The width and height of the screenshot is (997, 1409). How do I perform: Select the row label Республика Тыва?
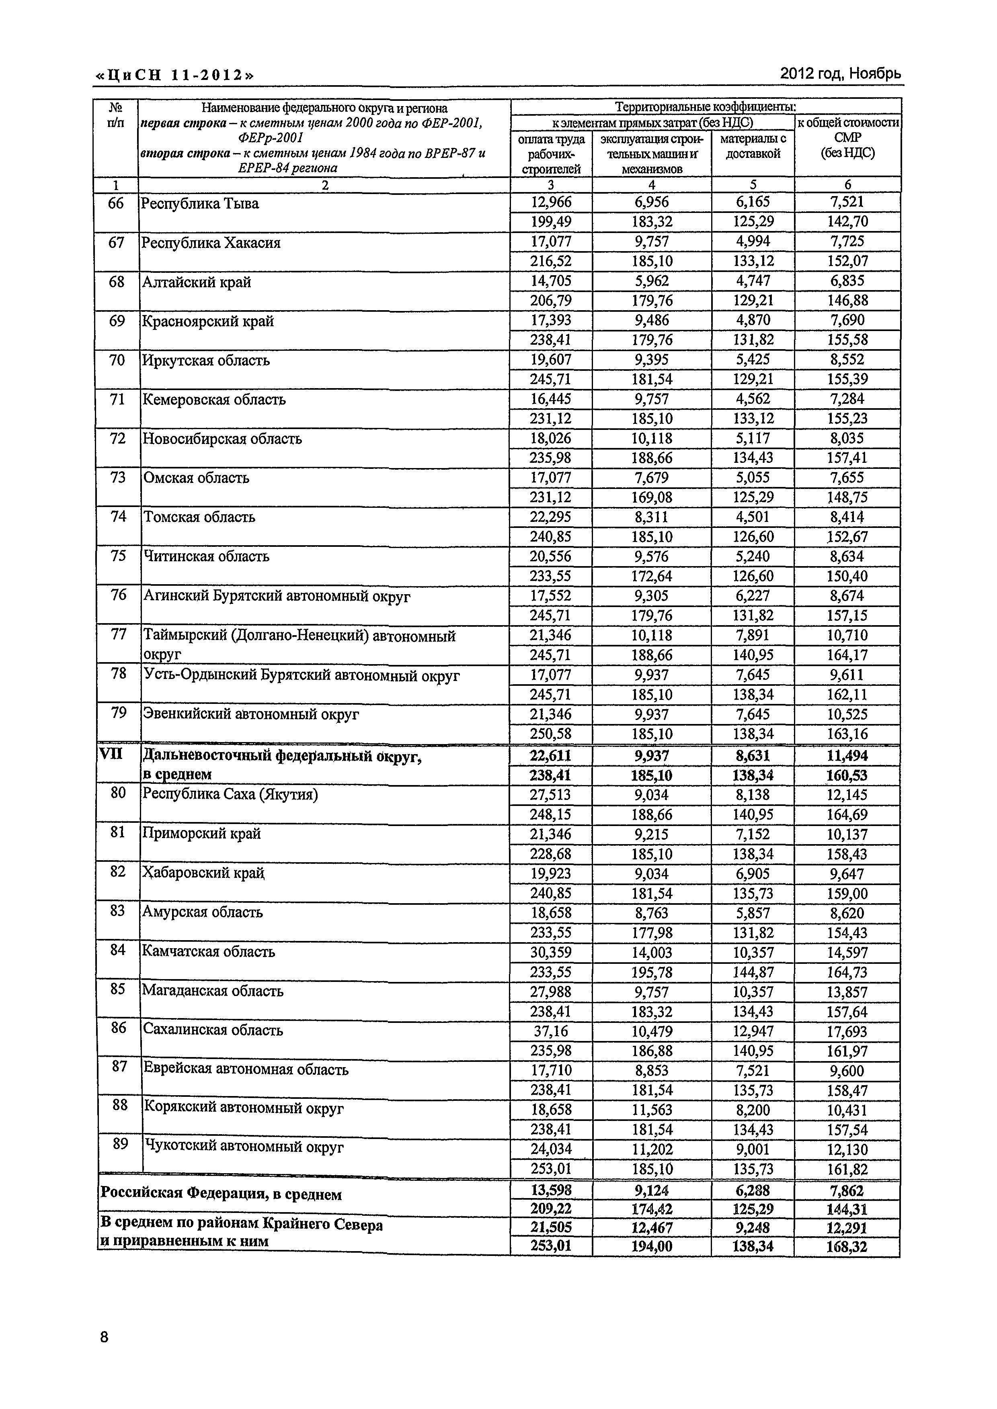click(x=200, y=204)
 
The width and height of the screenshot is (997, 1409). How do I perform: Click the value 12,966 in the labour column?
click(x=551, y=202)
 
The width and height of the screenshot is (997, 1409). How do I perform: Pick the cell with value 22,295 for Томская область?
click(x=551, y=517)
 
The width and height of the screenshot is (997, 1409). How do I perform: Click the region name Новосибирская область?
click(x=222, y=439)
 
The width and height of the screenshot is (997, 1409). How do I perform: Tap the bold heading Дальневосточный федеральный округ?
click(x=282, y=757)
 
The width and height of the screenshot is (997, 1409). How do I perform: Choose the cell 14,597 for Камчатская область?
click(x=847, y=953)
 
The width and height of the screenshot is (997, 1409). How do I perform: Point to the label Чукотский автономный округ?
click(x=243, y=1147)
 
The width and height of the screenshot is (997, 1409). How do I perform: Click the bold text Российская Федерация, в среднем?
click(x=221, y=1194)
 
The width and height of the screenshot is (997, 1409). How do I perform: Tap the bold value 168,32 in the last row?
click(x=847, y=1246)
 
